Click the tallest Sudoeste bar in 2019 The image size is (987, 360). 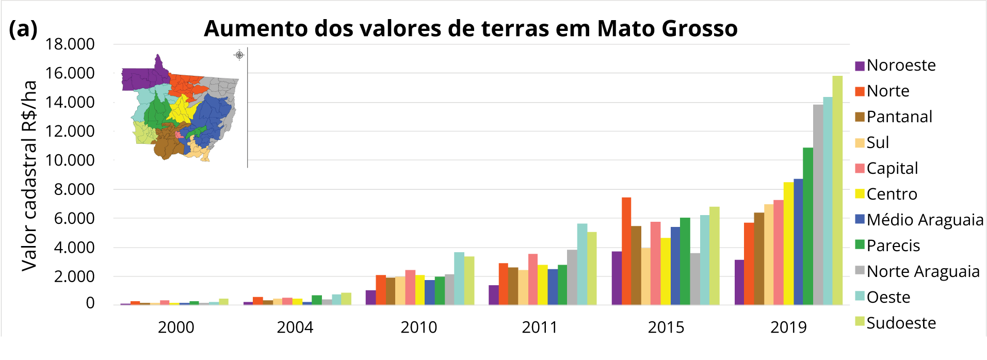click(837, 190)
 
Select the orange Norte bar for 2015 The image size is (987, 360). click(626, 251)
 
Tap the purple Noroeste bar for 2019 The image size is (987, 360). click(739, 282)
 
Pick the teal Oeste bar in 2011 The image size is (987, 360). click(582, 264)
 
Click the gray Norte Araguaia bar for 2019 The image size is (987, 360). click(818, 205)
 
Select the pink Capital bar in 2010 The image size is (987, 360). click(410, 287)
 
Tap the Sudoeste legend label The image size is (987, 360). click(901, 323)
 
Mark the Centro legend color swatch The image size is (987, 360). click(860, 194)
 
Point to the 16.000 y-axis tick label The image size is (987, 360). click(70, 73)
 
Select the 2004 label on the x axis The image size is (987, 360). click(295, 327)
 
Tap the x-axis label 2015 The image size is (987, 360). click(666, 327)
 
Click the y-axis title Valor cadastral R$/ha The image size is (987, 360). click(29, 175)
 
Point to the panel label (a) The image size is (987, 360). click(23, 29)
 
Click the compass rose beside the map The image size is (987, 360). click(239, 55)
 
